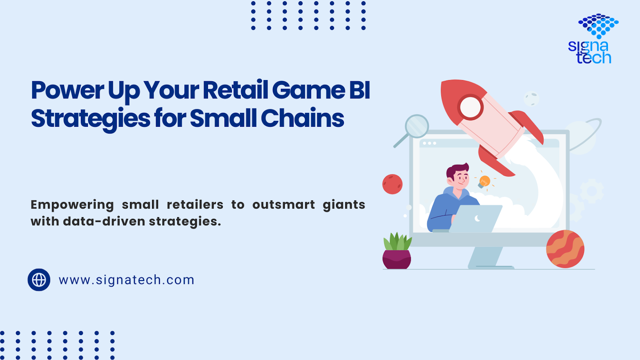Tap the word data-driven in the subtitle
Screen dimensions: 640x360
(104, 222)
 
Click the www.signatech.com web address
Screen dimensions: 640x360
(126, 280)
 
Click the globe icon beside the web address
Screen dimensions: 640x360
(39, 280)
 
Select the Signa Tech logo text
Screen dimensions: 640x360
(590, 52)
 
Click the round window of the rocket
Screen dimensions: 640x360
(470, 107)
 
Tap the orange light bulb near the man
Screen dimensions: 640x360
(484, 182)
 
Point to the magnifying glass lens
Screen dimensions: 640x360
(417, 126)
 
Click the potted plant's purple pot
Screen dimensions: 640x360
(396, 260)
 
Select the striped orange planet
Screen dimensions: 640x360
(565, 249)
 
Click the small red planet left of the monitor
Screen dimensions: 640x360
(392, 184)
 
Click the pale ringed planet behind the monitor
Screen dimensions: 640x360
(580, 137)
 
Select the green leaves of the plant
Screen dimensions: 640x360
(398, 242)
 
